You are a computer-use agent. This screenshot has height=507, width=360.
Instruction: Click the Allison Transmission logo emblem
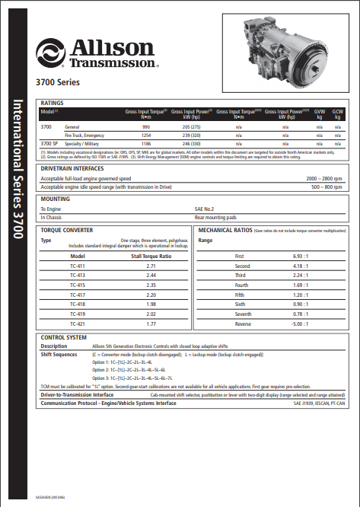50,54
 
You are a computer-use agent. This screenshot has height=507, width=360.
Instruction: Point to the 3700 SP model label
49,142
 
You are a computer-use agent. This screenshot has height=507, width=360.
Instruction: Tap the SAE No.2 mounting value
204,208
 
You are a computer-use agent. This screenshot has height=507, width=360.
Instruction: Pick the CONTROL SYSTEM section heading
63,336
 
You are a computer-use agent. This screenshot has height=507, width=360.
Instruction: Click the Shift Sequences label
59,354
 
